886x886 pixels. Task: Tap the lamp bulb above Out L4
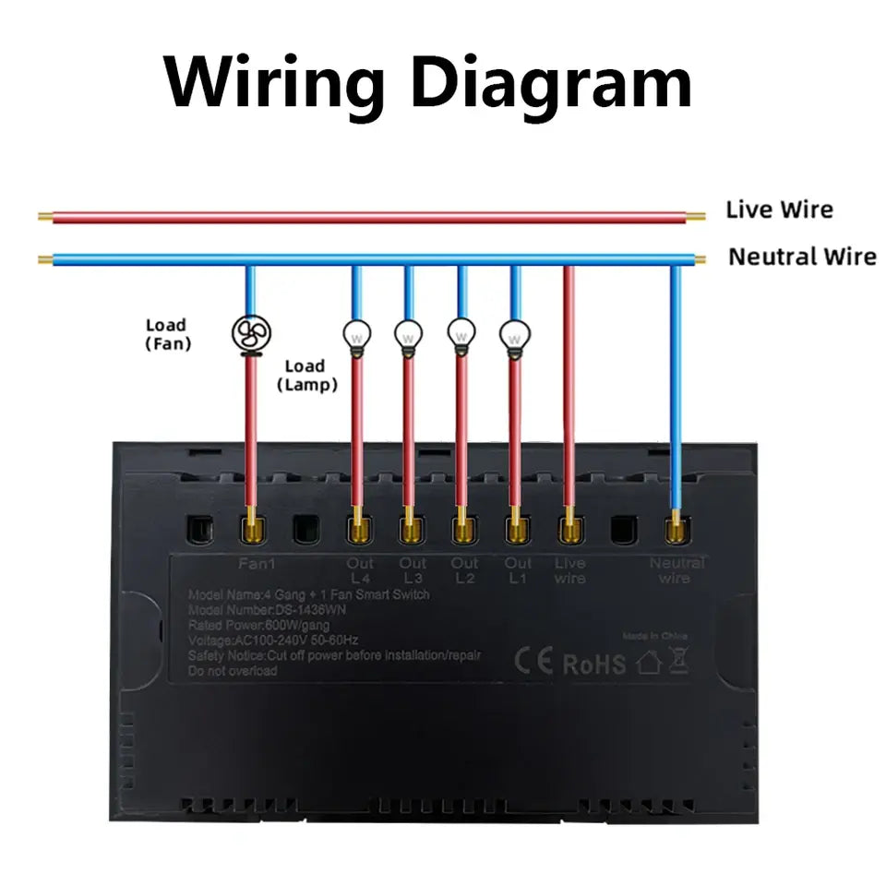coord(356,334)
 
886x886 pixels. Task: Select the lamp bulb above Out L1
coord(515,334)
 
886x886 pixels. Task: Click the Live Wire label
coord(779,210)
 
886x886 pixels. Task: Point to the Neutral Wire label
coord(801,257)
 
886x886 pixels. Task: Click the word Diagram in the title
coord(551,83)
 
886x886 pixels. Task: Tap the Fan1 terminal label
coord(249,562)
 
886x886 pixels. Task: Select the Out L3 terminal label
coord(413,570)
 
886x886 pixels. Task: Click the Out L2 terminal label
coord(464,570)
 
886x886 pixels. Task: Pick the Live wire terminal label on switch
coord(569,570)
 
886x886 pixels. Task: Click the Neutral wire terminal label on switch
coord(676,570)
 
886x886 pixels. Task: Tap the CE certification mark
coord(533,662)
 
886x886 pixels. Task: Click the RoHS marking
coord(593,663)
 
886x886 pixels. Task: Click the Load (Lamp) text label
coord(306,376)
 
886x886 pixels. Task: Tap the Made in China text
coord(654,636)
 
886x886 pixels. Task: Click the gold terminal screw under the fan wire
coord(250,530)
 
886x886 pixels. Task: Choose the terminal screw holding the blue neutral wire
coord(676,530)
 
